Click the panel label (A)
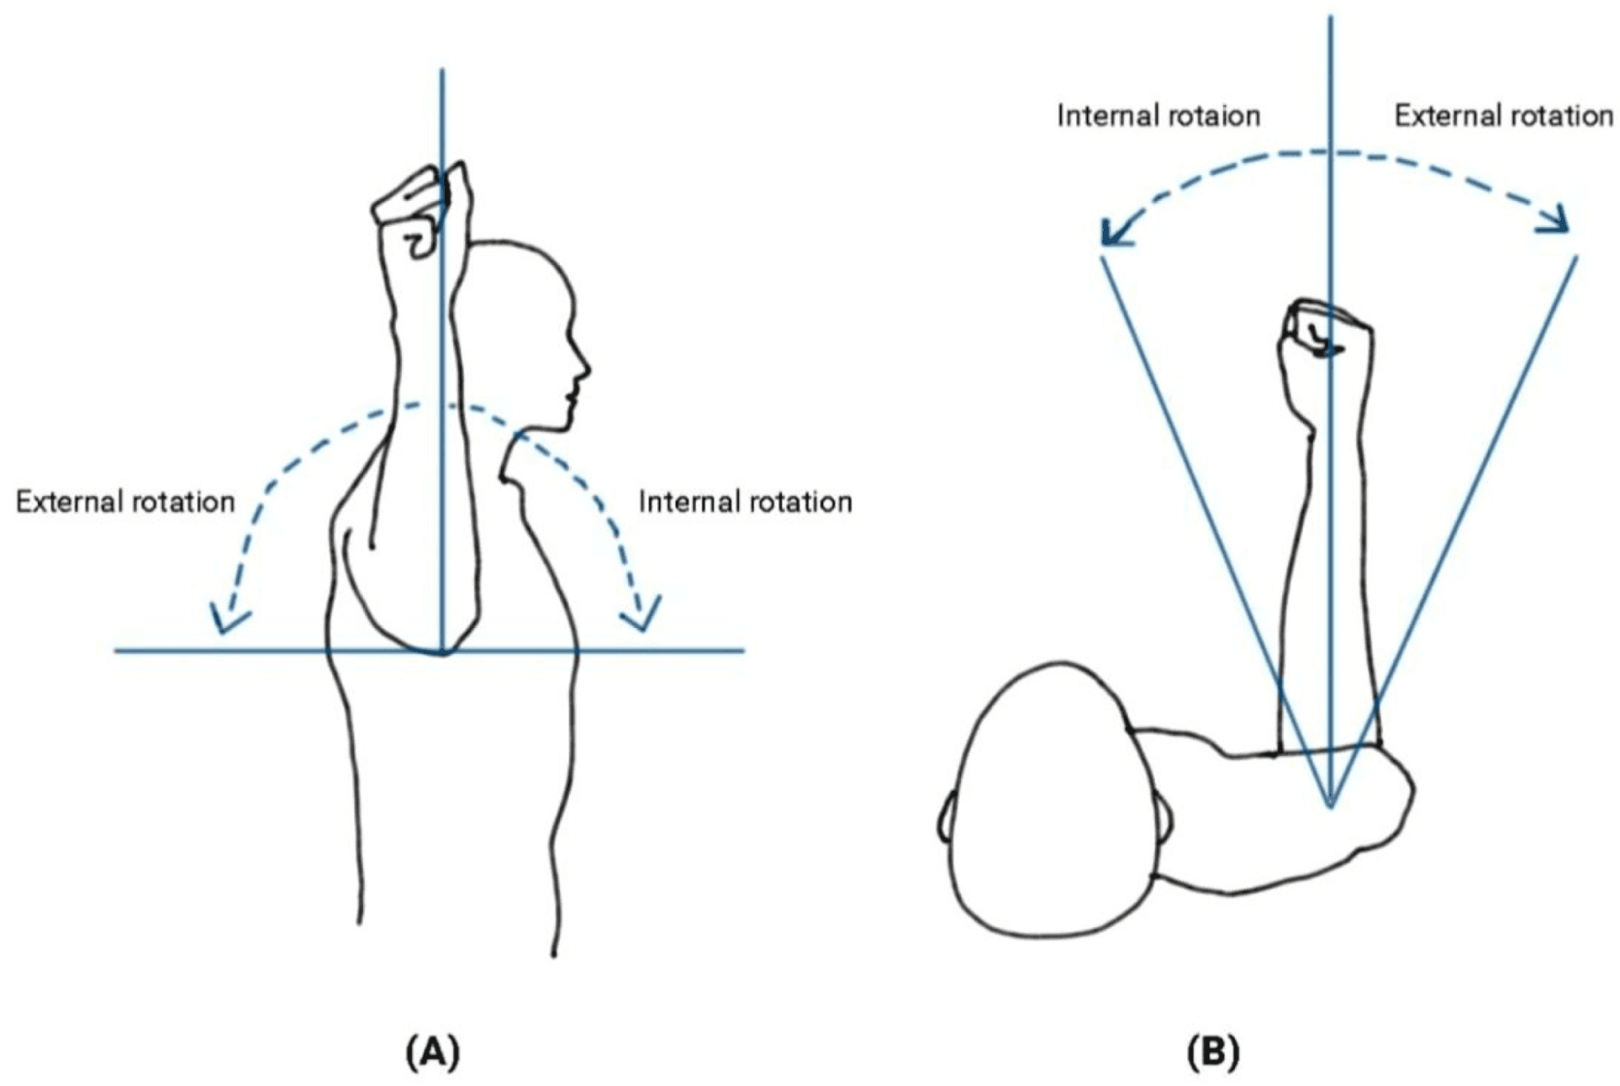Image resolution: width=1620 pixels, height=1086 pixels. (x=433, y=1053)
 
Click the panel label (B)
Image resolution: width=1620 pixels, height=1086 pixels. (x=1212, y=1053)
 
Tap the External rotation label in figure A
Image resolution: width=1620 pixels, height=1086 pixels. (x=125, y=502)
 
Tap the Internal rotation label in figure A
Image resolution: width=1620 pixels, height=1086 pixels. (x=745, y=502)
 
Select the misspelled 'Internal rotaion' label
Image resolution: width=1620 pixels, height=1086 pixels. (x=1158, y=116)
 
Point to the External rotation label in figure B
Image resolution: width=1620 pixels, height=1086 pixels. (x=1503, y=116)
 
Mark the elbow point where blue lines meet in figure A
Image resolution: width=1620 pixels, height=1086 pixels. (x=442, y=651)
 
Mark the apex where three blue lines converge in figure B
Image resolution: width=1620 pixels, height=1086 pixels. (x=1331, y=805)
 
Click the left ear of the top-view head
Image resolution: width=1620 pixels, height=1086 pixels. (x=945, y=819)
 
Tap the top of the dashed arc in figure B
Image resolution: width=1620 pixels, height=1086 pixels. (x=1331, y=152)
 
